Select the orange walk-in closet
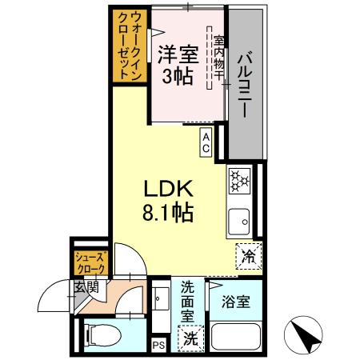[128, 45]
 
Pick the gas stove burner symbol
[238, 180]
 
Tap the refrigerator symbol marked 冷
[248, 257]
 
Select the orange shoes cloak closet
[90, 263]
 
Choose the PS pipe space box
[158, 345]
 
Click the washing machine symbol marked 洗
[190, 338]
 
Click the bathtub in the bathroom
[235, 339]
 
